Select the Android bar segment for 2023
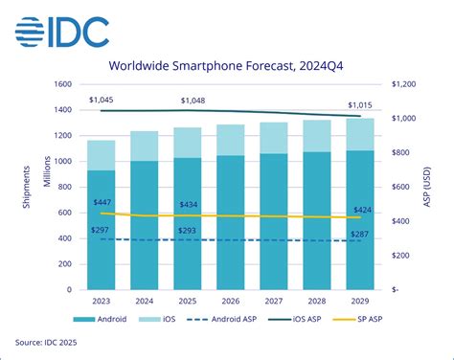click(x=102, y=230)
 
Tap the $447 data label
click(x=102, y=203)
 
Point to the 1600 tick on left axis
click(x=62, y=84)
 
